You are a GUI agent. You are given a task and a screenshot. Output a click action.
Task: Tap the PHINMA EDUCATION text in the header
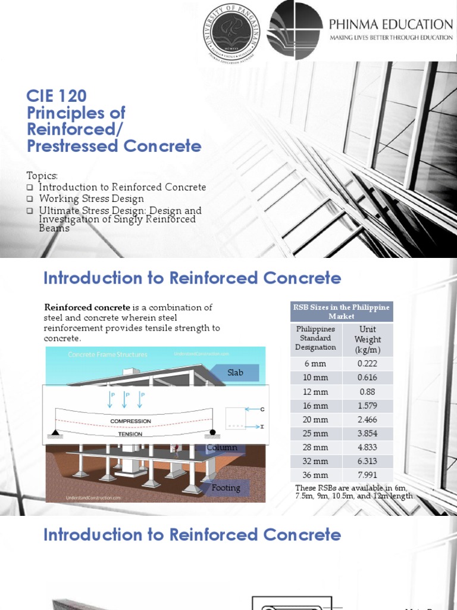(392, 24)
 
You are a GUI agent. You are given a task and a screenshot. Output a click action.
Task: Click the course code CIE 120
(57, 95)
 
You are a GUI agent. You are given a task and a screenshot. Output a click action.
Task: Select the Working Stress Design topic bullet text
(91, 198)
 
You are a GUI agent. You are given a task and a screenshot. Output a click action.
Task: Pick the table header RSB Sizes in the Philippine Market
(342, 312)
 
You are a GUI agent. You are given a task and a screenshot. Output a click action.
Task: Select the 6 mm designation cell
(315, 363)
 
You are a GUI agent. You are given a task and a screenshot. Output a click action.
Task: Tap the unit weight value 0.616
(367, 378)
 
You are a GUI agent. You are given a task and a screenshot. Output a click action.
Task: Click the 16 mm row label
(315, 406)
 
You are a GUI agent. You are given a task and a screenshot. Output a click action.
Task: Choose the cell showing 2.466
(367, 419)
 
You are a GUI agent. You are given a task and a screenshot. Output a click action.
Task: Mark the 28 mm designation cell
(315, 447)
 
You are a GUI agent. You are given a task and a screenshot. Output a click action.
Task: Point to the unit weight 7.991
(367, 475)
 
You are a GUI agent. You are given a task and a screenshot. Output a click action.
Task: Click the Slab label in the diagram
(235, 373)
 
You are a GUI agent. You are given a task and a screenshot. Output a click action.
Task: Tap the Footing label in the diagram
(226, 488)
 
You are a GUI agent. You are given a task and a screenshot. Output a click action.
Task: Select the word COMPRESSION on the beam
(130, 421)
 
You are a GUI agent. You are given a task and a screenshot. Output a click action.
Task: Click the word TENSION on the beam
(130, 434)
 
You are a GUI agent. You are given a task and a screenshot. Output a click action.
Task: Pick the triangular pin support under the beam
(55, 432)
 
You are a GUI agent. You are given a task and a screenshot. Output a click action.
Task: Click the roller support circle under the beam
(213, 432)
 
